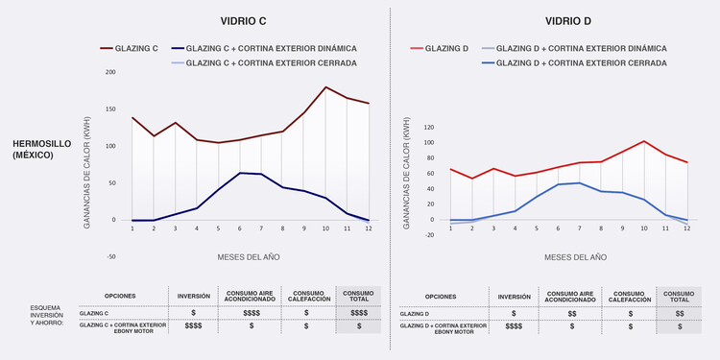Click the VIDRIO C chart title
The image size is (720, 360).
tap(243, 20)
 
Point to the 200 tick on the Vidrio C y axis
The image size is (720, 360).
tap(110, 72)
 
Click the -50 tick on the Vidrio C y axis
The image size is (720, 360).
tap(110, 257)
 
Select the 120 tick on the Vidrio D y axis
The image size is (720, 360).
tap(429, 127)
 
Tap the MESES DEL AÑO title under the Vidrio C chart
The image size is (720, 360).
tap(250, 257)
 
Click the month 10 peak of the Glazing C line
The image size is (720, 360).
tap(326, 87)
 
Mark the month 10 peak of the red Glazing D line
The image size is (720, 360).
tap(644, 141)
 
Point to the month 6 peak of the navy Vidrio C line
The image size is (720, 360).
tap(240, 173)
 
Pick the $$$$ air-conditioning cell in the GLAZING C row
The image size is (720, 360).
tap(252, 314)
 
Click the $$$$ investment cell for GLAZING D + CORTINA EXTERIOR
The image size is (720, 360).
tap(514, 327)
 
